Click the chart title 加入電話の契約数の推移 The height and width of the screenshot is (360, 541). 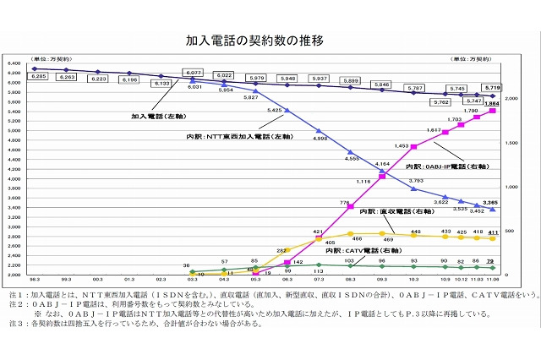[x=254, y=40]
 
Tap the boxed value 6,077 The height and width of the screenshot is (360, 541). [x=194, y=73]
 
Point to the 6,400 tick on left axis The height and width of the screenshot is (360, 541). [x=14, y=63]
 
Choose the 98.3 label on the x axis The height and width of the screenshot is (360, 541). [x=34, y=280]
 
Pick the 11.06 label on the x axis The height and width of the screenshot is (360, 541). [x=492, y=280]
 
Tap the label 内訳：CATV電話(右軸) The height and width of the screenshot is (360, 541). [x=366, y=251]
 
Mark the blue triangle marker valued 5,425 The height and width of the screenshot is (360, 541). [x=287, y=111]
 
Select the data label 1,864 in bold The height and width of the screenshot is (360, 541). [x=492, y=102]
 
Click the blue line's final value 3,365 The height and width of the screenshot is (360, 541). [x=491, y=203]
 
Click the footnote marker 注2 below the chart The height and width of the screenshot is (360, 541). [x=14, y=302]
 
